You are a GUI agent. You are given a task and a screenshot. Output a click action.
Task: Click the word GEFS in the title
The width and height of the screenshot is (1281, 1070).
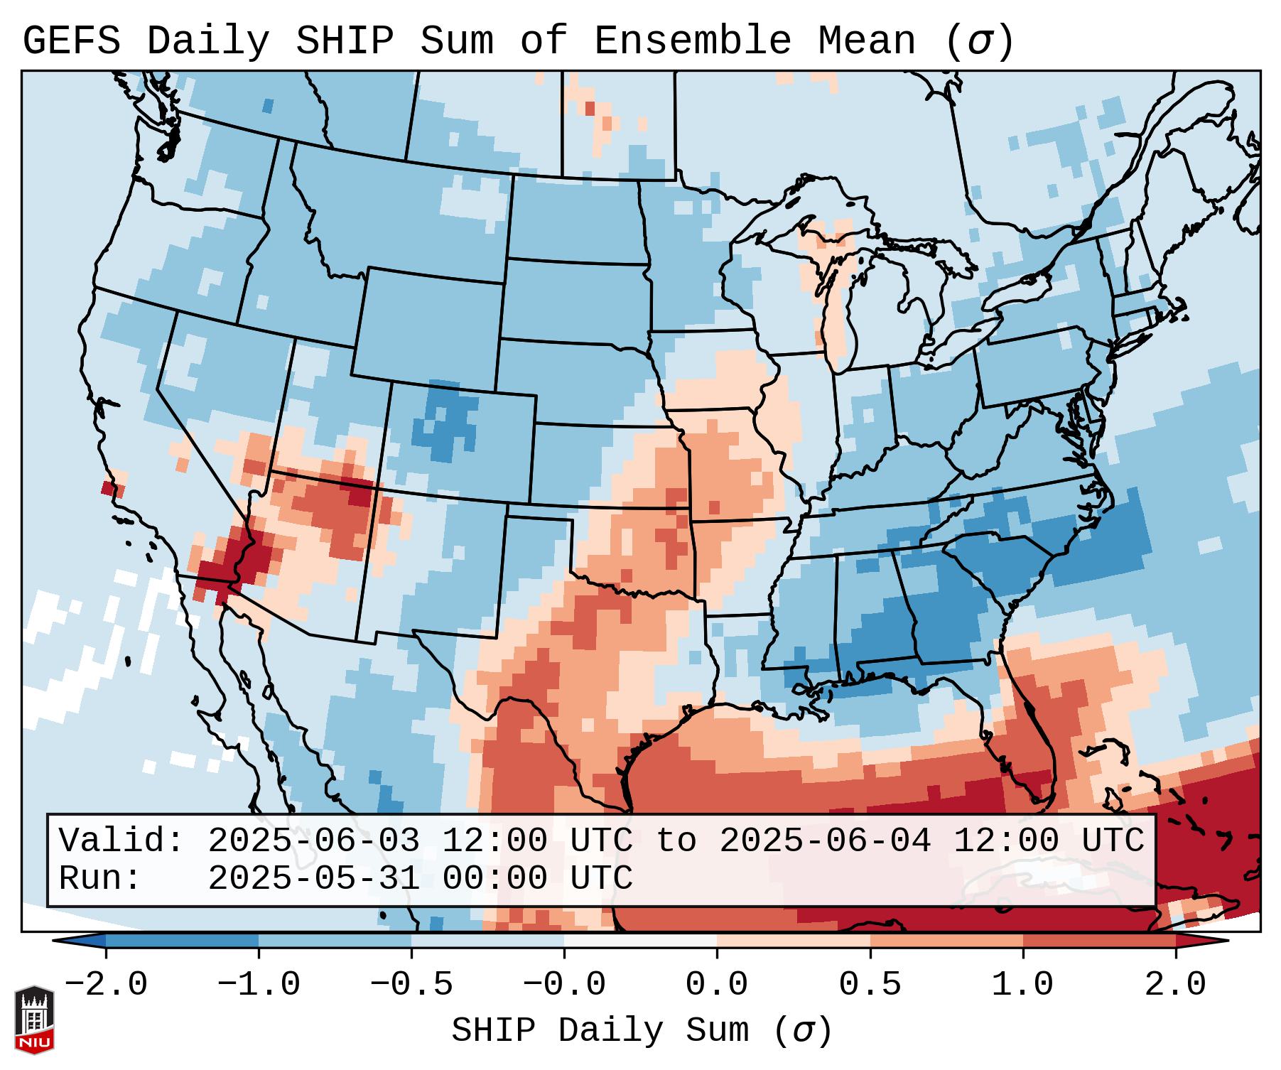[x=71, y=40]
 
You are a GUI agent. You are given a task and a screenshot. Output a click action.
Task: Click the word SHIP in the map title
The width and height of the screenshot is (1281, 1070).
[x=344, y=40]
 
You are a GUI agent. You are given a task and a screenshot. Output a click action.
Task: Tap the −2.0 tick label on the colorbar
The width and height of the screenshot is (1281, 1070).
[x=106, y=985]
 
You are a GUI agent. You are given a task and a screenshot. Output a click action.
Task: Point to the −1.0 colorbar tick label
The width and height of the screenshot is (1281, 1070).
[x=259, y=985]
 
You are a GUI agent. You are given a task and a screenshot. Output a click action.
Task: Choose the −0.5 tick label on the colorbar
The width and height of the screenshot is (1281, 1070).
[x=411, y=985]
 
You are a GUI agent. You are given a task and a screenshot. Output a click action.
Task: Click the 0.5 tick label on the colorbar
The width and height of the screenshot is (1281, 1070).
[x=870, y=985]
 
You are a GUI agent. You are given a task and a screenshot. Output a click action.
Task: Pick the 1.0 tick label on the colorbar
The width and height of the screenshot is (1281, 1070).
[x=1022, y=985]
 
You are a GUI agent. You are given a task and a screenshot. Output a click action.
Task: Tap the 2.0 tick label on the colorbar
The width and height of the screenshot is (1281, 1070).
[x=1175, y=985]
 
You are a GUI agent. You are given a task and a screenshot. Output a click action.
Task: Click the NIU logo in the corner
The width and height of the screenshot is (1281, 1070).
[x=34, y=1020]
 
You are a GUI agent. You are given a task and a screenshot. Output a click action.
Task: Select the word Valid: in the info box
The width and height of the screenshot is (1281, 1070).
[x=121, y=841]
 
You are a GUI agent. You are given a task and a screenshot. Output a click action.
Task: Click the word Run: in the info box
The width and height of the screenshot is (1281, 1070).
[x=100, y=879]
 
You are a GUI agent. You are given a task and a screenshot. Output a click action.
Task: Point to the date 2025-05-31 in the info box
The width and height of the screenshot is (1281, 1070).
[x=313, y=879]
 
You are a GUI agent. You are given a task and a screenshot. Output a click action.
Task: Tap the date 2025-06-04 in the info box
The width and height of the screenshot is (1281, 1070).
[x=825, y=841]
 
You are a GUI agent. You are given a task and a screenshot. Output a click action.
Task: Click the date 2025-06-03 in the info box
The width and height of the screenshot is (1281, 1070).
[x=313, y=841]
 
